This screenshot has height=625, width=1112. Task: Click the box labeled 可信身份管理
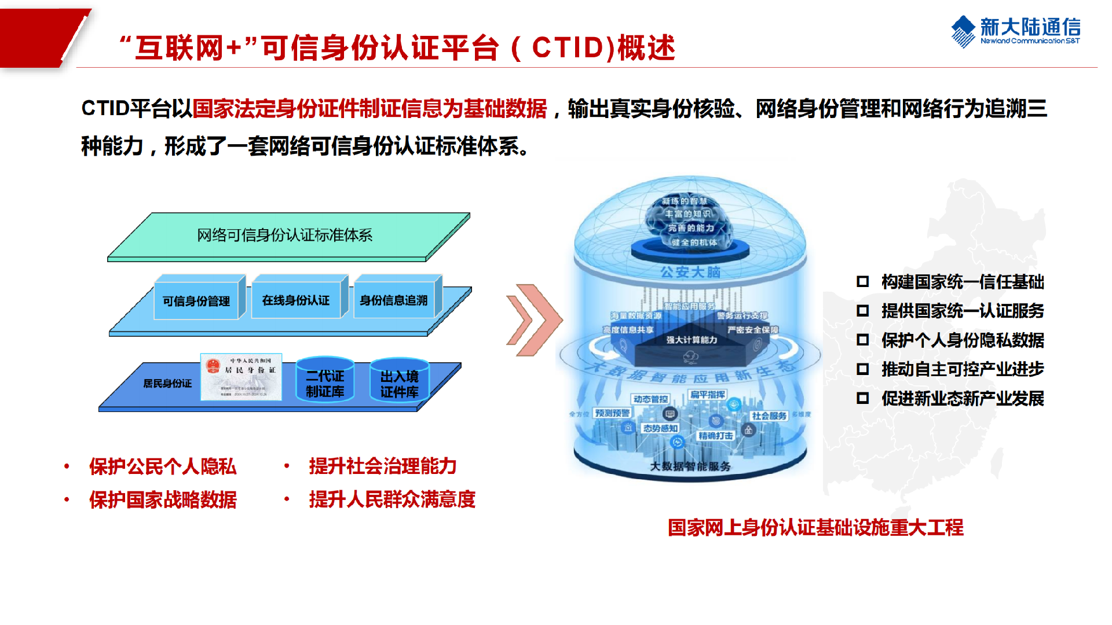[196, 301]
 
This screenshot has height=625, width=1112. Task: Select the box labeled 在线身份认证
[295, 300]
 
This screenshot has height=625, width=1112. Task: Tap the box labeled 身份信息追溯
[394, 300]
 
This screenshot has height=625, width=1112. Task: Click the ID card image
[241, 377]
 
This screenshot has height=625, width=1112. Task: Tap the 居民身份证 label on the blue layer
[167, 383]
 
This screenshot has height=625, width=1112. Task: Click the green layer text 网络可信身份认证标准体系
[284, 235]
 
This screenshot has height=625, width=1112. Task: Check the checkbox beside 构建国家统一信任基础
[863, 282]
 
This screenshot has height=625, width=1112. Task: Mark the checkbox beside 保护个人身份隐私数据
[863, 340]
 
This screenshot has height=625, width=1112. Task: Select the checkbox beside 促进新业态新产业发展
[863, 398]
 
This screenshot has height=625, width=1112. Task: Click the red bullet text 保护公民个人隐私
[163, 466]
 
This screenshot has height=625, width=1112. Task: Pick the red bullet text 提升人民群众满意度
[392, 499]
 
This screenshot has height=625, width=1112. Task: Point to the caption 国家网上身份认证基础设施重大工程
[815, 527]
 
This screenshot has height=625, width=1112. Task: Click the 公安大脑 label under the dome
[690, 272]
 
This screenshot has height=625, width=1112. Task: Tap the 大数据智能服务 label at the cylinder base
[690, 466]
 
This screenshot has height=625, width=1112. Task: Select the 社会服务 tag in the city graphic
[769, 416]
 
